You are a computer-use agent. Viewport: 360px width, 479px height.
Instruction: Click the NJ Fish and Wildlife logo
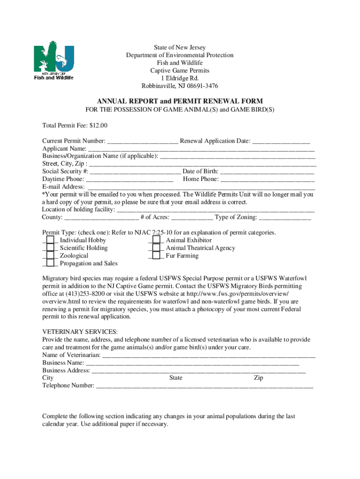pyautogui.click(x=53, y=63)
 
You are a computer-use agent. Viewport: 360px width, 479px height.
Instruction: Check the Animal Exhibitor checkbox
pyautogui.click(x=156, y=240)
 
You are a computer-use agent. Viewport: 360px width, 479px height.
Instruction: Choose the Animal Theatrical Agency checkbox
pyautogui.click(x=156, y=248)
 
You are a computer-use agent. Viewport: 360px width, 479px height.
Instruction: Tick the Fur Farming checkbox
pyautogui.click(x=156, y=256)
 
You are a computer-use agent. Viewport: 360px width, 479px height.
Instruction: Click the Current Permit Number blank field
pyautogui.click(x=143, y=141)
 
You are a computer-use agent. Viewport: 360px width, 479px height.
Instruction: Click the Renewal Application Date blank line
pyautogui.click(x=281, y=141)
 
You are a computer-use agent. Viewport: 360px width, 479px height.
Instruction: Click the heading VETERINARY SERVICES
pyautogui.click(x=79, y=332)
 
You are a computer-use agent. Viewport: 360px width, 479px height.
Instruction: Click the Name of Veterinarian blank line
pyautogui.click(x=209, y=356)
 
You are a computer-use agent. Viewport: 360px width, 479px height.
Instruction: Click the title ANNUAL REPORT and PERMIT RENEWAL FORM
pyautogui.click(x=180, y=101)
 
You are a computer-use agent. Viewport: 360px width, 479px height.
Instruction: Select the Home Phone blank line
pyautogui.click(x=267, y=180)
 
